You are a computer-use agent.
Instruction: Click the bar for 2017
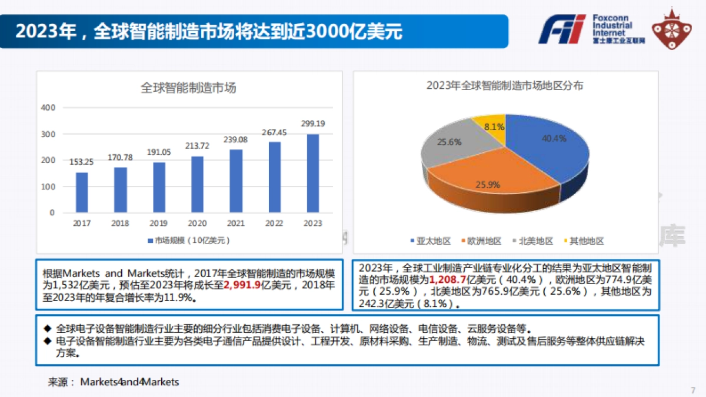coord(82,192)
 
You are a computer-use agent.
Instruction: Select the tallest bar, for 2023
coord(313,173)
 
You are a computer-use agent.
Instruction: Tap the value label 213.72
coord(197,145)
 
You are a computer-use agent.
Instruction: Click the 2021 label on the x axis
coord(235,223)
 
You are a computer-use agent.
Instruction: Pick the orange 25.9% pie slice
coord(488,182)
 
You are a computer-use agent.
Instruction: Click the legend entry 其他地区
coord(583,241)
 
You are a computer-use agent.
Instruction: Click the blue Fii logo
coord(562,29)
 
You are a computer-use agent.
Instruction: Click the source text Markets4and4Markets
coord(129,382)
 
